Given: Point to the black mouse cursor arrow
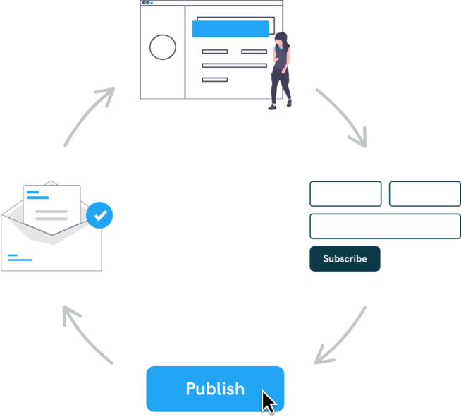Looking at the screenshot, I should click(269, 402).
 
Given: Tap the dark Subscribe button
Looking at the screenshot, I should click(385, 259).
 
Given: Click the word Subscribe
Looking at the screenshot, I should click(345, 259).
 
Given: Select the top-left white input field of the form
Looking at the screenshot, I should click(345, 194).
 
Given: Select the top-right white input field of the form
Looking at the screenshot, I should click(424, 194).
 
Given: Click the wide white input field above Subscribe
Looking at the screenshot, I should click(385, 226).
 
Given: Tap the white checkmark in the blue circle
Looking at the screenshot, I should click(101, 214).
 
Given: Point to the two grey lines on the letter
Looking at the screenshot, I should click(51, 214).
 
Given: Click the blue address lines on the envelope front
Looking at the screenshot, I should click(20, 258).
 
